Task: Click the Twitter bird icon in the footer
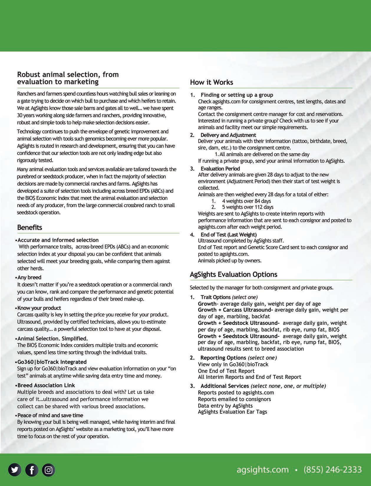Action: pos(15,470)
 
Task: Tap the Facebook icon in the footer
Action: pos(32,470)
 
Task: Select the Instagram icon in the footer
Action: pos(49,470)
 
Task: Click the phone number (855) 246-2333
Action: pos(332,469)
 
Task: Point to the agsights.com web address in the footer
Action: pos(263,469)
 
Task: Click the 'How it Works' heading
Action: pos(211,82)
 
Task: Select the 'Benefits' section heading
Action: pos(29,227)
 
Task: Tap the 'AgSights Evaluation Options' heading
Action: pos(233,274)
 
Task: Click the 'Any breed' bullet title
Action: pos(29,277)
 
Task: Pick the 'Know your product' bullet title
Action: pos(39,308)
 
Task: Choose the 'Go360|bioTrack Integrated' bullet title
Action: pos(52,362)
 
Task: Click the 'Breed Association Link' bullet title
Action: pos(46,385)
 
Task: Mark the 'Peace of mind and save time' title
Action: pos(50,415)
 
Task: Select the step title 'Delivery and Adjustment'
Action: pos(228,135)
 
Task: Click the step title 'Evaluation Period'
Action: pos(220,168)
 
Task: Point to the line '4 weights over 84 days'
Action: pos(246,201)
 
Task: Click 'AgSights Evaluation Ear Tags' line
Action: pos(232,412)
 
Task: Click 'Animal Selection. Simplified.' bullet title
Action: pos(52,338)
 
